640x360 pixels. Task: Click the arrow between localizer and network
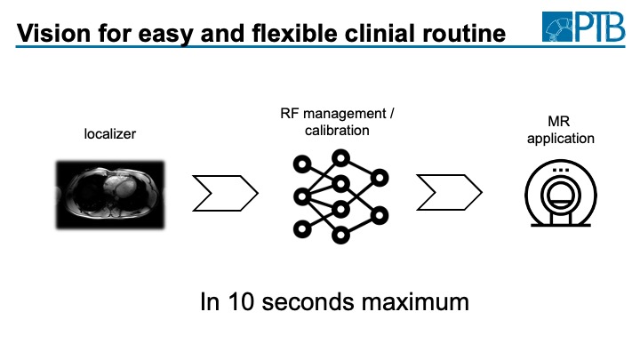(x=226, y=191)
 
